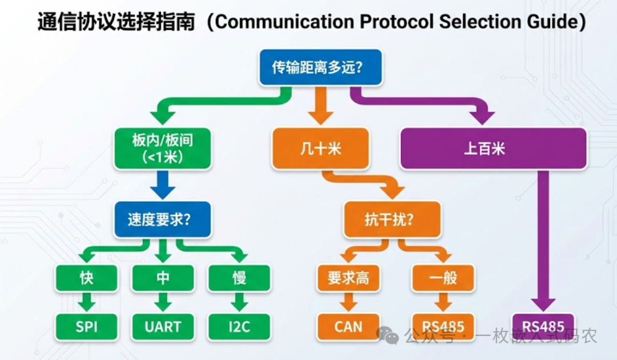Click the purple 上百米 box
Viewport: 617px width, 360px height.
(493, 149)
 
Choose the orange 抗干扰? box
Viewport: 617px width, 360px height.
(391, 219)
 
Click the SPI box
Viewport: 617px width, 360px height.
(87, 326)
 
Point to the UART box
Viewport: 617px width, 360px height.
(163, 326)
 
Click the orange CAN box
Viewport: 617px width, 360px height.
(348, 326)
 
